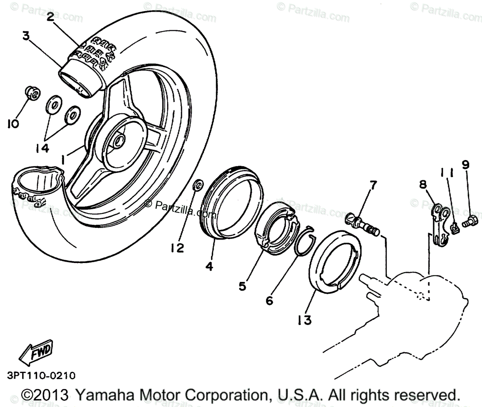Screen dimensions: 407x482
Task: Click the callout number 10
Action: pos(13,124)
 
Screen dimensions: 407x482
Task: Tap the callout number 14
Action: pos(41,148)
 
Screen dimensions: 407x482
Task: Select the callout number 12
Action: pos(176,248)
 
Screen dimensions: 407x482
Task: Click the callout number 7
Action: pos(373,185)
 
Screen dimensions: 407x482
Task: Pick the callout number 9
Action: pos(465,164)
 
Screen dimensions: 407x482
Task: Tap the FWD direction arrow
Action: pos(36,353)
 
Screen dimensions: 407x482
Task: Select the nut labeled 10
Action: pos(33,94)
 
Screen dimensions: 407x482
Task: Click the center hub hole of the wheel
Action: pos(119,140)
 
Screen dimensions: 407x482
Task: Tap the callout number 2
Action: pos(50,17)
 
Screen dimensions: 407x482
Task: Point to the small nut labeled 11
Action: pos(455,228)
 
